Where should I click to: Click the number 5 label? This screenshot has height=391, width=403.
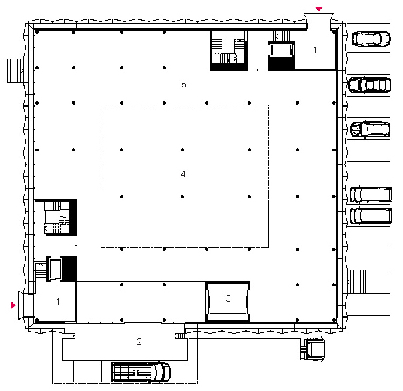pyautogui.click(x=184, y=84)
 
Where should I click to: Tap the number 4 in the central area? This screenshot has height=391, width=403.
pyautogui.click(x=183, y=174)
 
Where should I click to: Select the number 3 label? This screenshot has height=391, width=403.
pyautogui.click(x=228, y=298)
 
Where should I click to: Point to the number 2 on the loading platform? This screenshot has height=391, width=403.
pyautogui.click(x=139, y=342)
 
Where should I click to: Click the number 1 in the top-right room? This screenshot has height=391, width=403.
pyautogui.click(x=315, y=50)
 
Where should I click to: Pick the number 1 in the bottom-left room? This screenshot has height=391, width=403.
pyautogui.click(x=58, y=302)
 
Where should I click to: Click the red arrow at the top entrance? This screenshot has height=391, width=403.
pyautogui.click(x=319, y=9)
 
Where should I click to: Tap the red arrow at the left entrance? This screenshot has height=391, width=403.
pyautogui.click(x=13, y=305)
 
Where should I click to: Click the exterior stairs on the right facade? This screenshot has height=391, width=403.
pyautogui.click(x=356, y=282)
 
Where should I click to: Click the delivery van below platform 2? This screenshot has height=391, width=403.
pyautogui.click(x=141, y=372)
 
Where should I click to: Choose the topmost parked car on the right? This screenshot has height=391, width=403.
pyautogui.click(x=371, y=39)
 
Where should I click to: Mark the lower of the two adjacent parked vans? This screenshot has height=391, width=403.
pyautogui.click(x=371, y=216)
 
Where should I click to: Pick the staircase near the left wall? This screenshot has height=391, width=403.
pyautogui.click(x=57, y=218)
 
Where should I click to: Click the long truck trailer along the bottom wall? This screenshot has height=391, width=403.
pyautogui.click(x=245, y=349)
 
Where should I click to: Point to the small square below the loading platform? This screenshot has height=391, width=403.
pyautogui.click(x=87, y=371)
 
